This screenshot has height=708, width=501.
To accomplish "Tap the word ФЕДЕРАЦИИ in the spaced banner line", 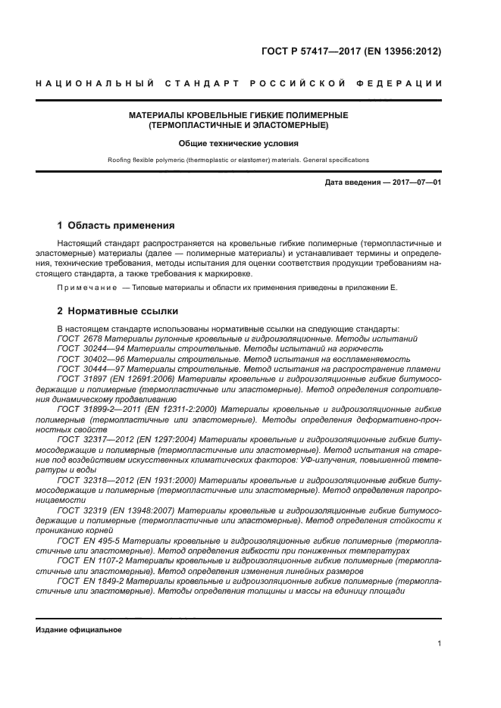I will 409,83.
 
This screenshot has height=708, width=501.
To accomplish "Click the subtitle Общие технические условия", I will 238,143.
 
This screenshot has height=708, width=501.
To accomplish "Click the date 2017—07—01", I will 417,183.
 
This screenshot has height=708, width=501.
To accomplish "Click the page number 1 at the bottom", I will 439,644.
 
